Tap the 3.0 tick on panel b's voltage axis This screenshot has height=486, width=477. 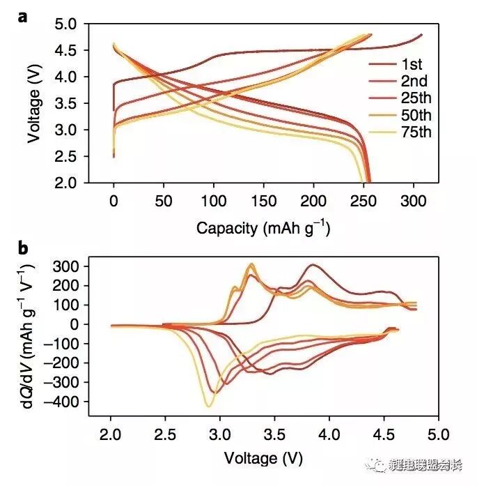(x=220, y=432)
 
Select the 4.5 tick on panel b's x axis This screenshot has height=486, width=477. (x=384, y=432)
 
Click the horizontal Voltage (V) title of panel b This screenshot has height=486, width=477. (x=263, y=457)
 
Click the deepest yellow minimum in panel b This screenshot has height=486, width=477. (x=208, y=406)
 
